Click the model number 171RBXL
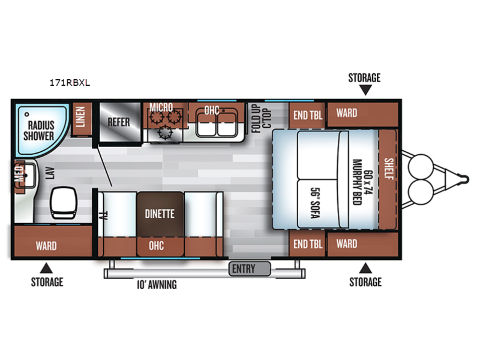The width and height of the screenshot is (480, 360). point(70,83)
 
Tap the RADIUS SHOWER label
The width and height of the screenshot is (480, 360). point(40,130)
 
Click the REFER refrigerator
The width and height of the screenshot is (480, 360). point(119,121)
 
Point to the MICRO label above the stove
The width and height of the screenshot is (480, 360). point(161,108)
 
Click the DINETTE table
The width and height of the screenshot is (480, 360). point(159,213)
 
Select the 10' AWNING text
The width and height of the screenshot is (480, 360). point(155,285)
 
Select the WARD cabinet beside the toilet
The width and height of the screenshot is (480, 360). point(46,245)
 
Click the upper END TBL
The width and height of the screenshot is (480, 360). point(307,114)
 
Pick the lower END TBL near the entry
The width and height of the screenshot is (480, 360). point(307,244)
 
